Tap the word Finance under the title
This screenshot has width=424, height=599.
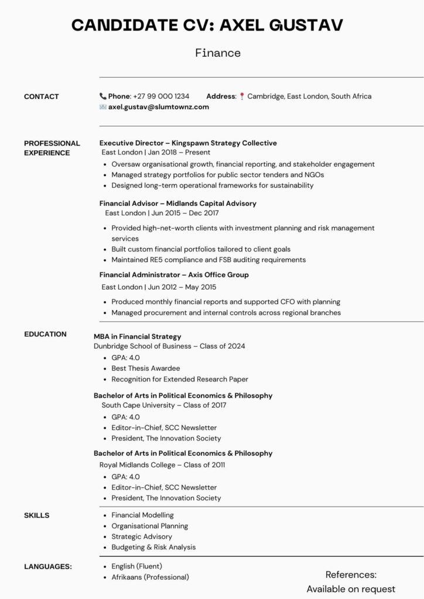pos(218,53)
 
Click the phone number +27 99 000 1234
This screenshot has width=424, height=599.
pos(161,96)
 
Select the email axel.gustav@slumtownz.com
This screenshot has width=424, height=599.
pos(158,107)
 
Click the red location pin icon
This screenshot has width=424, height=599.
pos(242,97)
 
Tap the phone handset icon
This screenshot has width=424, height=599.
pos(103,96)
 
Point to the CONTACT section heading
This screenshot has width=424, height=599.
pos(41,97)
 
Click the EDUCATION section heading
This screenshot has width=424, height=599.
pos(45,334)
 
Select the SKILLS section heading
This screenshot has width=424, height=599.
pos(36,515)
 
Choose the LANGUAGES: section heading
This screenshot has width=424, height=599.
pos(47,566)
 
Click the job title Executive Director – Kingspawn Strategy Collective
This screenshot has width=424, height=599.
pos(188,143)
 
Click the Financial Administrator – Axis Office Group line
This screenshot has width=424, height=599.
pos(174,274)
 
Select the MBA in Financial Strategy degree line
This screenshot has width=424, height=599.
pos(138,336)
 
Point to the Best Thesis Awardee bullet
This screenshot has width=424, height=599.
pos(146,369)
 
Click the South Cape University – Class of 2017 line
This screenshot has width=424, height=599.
pos(163,405)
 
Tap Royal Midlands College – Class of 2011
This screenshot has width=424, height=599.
pos(162,464)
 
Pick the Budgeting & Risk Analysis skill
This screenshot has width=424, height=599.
pos(153,547)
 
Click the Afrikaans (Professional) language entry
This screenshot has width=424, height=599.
pos(150,577)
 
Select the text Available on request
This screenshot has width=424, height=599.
pos(351,589)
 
